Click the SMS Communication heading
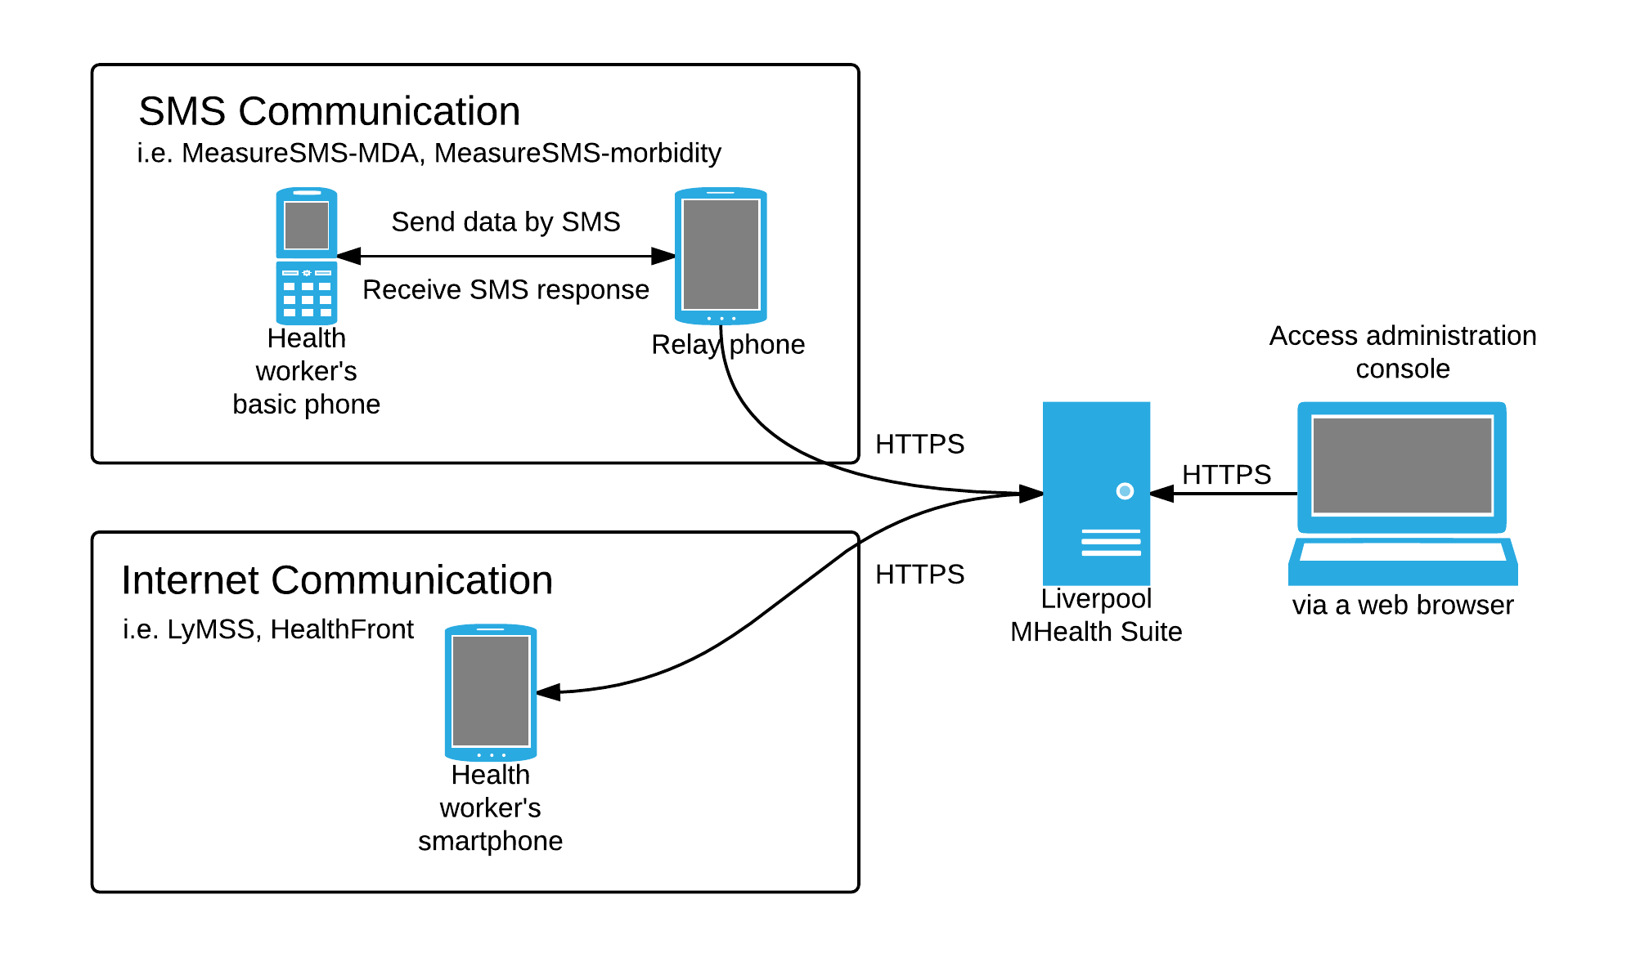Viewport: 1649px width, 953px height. click(x=329, y=111)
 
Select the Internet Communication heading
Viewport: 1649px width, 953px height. click(x=337, y=580)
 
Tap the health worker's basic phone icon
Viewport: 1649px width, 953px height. click(x=307, y=256)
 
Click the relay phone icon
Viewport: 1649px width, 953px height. click(x=721, y=256)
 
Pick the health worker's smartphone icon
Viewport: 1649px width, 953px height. click(x=491, y=692)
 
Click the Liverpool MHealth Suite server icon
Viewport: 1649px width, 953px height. click(x=1096, y=493)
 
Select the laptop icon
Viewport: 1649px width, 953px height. click(x=1403, y=493)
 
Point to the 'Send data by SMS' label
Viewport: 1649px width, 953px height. click(x=505, y=222)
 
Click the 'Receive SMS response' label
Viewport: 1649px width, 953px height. click(x=505, y=290)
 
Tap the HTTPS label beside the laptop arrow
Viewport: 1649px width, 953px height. click(x=1226, y=475)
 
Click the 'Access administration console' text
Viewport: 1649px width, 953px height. click(x=1403, y=352)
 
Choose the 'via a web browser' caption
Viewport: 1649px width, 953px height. click(x=1403, y=606)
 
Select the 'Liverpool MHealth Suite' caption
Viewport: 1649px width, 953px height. click(x=1096, y=615)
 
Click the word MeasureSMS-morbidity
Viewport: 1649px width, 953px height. click(x=577, y=154)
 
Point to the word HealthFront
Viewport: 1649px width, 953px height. click(x=342, y=629)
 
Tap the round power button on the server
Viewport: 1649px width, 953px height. click(x=1125, y=490)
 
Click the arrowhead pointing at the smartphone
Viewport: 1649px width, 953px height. click(x=548, y=692)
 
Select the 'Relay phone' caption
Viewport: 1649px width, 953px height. click(x=728, y=345)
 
